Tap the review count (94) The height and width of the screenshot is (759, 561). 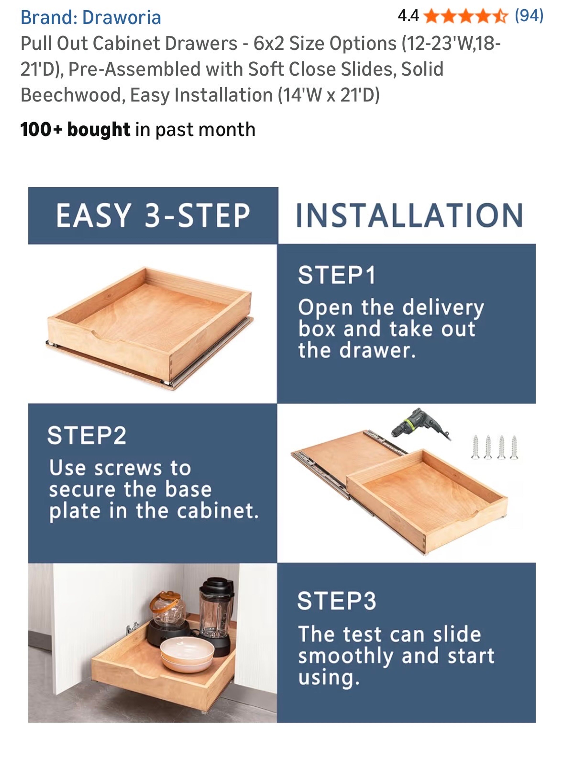529,16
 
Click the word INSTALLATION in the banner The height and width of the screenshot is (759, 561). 409,215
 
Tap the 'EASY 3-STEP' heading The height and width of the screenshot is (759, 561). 153,215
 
